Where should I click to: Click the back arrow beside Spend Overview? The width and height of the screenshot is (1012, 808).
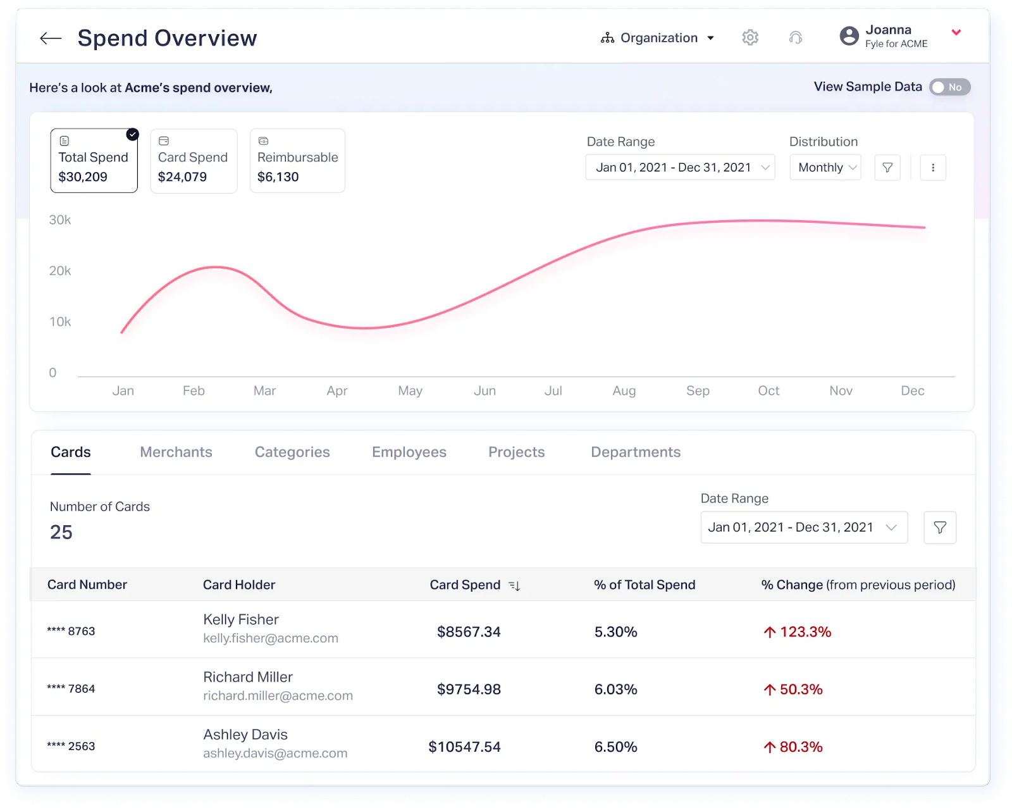[x=51, y=39]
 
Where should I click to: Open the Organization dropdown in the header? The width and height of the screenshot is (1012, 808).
[x=658, y=38]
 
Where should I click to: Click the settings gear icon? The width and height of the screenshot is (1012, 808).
[x=750, y=37]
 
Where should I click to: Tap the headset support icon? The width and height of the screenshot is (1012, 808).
[x=796, y=38]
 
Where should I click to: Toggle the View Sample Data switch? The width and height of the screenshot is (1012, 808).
[x=949, y=87]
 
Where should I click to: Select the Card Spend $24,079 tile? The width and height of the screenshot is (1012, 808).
[x=194, y=161]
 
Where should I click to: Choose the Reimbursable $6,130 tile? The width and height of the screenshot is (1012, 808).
[x=297, y=161]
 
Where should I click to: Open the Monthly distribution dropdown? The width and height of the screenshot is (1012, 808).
[x=825, y=168]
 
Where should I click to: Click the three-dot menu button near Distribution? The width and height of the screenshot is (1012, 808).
[x=933, y=168]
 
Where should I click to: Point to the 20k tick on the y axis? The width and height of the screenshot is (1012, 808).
[x=60, y=271]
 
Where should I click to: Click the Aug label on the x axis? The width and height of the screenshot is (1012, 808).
[x=624, y=391]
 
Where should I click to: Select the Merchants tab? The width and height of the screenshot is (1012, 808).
[x=176, y=452]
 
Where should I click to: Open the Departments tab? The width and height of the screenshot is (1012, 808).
[x=636, y=452]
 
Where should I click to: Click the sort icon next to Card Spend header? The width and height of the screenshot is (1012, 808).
[x=514, y=586]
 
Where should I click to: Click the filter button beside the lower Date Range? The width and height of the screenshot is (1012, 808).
[x=940, y=528]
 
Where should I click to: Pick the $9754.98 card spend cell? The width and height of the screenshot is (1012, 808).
[x=469, y=689]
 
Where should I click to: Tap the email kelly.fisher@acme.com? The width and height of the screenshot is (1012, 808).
[x=271, y=638]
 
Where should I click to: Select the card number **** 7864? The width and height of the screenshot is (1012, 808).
[x=71, y=689]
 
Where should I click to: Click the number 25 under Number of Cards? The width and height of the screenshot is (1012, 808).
[x=61, y=532]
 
